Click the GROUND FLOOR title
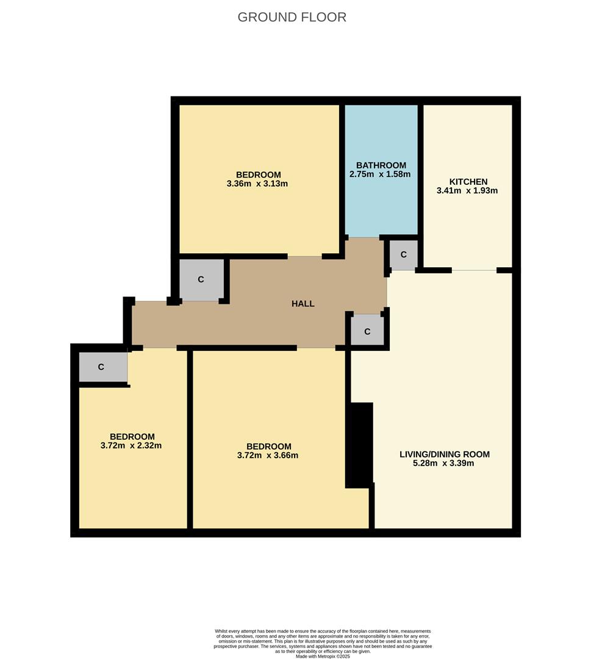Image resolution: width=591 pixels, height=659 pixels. (292, 17)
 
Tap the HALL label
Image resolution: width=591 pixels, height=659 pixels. (303, 303)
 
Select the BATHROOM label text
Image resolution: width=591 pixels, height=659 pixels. (381, 165)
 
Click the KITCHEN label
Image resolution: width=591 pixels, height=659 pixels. (468, 182)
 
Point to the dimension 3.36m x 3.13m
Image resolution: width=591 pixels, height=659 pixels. (257, 183)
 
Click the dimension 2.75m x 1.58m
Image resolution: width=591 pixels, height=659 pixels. (380, 174)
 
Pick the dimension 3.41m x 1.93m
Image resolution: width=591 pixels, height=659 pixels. (467, 190)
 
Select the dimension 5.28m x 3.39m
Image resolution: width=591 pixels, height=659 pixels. (443, 463)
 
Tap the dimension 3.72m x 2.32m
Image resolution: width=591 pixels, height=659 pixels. (131, 445)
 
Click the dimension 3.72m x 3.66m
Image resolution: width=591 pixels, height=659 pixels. (268, 455)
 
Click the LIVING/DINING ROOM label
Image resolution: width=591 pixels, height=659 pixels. (445, 455)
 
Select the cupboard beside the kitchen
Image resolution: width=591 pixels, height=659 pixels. (404, 254)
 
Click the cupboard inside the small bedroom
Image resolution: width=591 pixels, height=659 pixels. (103, 367)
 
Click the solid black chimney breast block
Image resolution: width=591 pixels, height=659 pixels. (360, 445)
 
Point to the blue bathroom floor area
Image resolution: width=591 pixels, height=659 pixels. (381, 170)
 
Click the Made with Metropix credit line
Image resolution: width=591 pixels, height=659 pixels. (323, 656)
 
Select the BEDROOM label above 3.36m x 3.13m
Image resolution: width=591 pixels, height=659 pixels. (259, 175)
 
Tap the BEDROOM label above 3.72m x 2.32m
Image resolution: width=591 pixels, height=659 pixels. (132, 437)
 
